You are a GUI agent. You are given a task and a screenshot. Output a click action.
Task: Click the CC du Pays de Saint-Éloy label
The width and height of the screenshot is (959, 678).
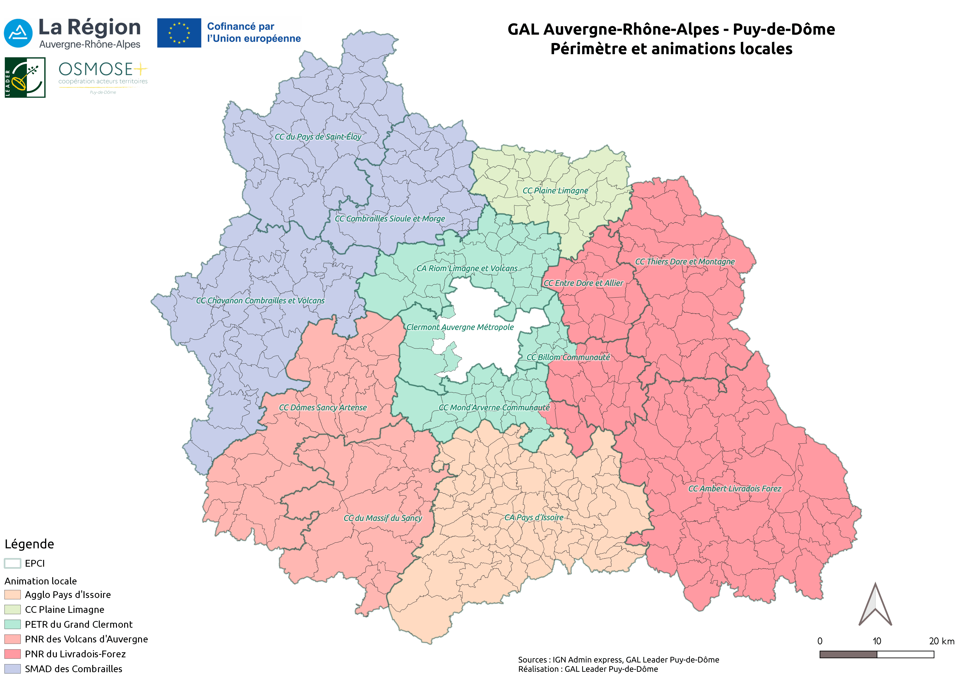(318, 137)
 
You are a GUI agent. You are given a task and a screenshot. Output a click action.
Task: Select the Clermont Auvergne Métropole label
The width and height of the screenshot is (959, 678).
(460, 327)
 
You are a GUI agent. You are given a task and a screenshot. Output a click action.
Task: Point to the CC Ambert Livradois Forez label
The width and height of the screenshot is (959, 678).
(734, 488)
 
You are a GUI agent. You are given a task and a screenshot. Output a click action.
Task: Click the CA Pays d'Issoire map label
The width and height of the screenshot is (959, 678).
(534, 517)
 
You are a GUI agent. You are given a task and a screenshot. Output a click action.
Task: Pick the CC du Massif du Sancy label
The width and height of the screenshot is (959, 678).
(383, 518)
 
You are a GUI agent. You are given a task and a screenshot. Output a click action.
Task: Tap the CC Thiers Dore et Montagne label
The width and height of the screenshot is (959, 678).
(685, 262)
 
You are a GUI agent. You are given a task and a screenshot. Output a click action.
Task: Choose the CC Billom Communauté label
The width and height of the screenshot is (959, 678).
(568, 357)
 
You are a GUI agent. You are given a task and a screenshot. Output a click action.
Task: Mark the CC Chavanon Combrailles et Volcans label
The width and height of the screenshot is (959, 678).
(260, 300)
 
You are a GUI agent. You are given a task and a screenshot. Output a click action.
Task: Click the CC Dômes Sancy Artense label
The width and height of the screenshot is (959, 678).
(323, 407)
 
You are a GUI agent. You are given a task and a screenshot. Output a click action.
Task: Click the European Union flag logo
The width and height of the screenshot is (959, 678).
(179, 33)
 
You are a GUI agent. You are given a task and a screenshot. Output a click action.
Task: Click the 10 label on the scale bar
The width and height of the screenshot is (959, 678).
(877, 641)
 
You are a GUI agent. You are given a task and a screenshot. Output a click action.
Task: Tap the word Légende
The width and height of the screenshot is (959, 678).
(29, 544)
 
